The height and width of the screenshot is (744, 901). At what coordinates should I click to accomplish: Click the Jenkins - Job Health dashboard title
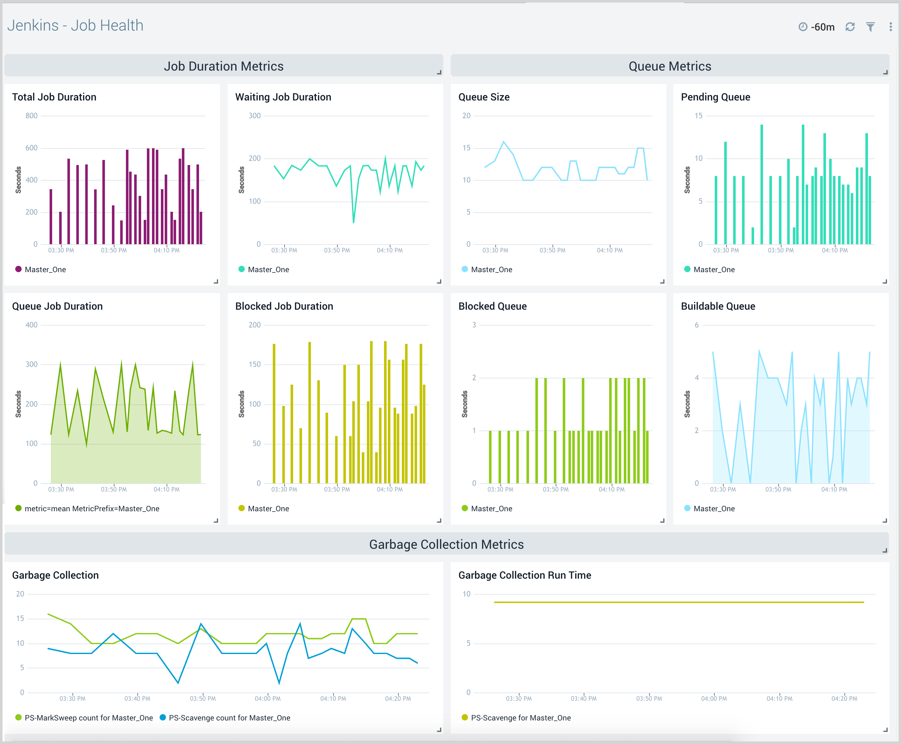[x=75, y=26]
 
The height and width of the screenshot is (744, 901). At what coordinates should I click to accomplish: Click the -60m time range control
[x=817, y=27]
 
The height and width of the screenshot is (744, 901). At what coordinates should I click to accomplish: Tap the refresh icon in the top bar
[x=850, y=27]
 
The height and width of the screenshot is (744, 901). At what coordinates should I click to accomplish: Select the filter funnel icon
[x=870, y=27]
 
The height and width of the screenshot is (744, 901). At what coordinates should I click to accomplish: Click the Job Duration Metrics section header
[x=223, y=66]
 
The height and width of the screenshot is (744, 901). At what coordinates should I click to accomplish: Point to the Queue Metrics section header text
[x=670, y=66]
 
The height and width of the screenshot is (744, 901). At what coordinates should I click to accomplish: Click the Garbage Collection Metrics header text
[x=446, y=544]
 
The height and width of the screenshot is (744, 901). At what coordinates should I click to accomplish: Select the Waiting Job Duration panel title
[x=283, y=97]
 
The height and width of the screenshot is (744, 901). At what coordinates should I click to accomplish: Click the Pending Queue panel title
[x=715, y=97]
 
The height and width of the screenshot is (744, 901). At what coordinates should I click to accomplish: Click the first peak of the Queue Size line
[x=504, y=141]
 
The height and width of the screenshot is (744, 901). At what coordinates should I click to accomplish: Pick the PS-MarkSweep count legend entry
[x=84, y=718]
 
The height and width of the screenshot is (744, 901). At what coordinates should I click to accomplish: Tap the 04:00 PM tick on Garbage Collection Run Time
[x=714, y=699]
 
